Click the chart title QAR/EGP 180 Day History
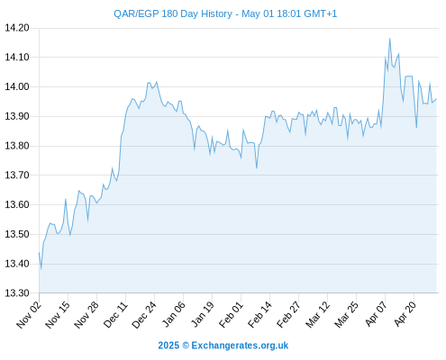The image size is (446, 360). pyautogui.click(x=173, y=14)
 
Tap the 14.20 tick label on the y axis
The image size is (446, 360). pyautogui.click(x=17, y=28)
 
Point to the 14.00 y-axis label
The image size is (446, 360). pyautogui.click(x=17, y=86)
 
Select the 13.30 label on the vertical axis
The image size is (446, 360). pyautogui.click(x=17, y=293)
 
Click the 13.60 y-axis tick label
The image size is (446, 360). pyautogui.click(x=17, y=204)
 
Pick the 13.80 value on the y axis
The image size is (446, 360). pyautogui.click(x=17, y=146)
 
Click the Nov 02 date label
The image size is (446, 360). pyautogui.click(x=28, y=315)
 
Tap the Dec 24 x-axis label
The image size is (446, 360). pyautogui.click(x=144, y=315)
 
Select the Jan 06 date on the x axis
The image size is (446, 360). pyautogui.click(x=173, y=315)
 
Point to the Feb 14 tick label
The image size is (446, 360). pyautogui.click(x=259, y=315)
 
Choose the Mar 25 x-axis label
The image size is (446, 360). pyautogui.click(x=346, y=315)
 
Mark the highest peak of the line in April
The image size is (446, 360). pyautogui.click(x=390, y=39)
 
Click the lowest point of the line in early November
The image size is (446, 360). pyautogui.click(x=41, y=269)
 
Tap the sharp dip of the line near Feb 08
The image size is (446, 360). pyautogui.click(x=257, y=168)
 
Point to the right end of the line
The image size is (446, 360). pyautogui.click(x=436, y=99)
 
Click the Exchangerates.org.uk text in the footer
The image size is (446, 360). pyautogui.click(x=240, y=346)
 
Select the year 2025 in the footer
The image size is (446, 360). pyautogui.click(x=168, y=346)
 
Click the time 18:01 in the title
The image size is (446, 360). pyautogui.click(x=289, y=14)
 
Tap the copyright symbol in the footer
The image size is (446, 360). pyautogui.click(x=186, y=346)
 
